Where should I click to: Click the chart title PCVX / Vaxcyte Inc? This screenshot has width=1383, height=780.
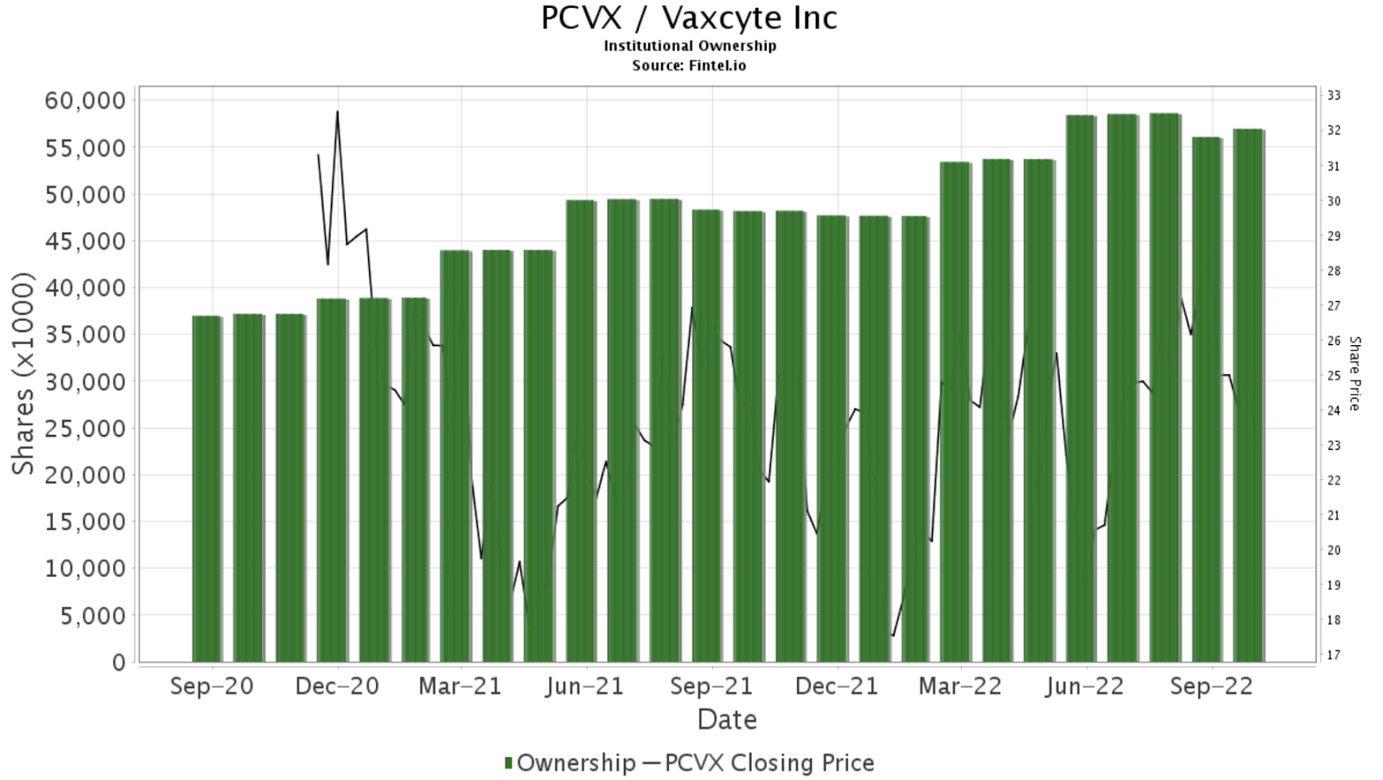click(x=689, y=18)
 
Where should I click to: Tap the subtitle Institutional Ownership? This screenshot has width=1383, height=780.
click(x=689, y=46)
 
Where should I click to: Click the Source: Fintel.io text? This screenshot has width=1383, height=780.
click(x=689, y=65)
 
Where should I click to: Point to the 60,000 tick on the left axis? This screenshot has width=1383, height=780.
click(x=85, y=100)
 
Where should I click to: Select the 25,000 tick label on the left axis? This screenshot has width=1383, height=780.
click(x=85, y=428)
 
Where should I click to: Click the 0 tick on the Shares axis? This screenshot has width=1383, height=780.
click(x=118, y=662)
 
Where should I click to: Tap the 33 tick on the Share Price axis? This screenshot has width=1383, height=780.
click(x=1333, y=95)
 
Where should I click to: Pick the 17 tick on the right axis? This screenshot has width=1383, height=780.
click(x=1333, y=655)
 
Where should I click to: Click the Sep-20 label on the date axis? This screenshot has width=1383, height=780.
click(x=212, y=687)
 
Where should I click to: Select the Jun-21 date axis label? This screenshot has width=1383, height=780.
click(x=586, y=687)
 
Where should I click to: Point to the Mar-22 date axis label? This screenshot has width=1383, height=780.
click(x=960, y=687)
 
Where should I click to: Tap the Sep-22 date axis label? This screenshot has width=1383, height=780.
click(x=1211, y=687)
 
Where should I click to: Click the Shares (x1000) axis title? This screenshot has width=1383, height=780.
click(x=23, y=374)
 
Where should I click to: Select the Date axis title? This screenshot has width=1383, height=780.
click(x=727, y=719)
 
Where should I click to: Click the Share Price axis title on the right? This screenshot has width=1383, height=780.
click(x=1354, y=374)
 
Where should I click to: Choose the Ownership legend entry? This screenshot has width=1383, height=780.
click(x=570, y=763)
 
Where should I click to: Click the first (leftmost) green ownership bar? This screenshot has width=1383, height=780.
click(x=207, y=489)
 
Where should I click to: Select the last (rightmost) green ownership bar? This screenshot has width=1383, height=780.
click(x=1247, y=395)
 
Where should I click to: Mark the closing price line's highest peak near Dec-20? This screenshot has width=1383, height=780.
click(x=337, y=112)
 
